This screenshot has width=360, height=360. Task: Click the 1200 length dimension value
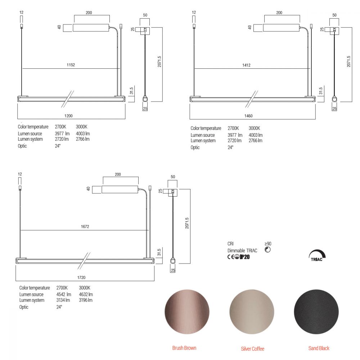68,116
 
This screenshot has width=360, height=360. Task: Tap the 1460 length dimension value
248,116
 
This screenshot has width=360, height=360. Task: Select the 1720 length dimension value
81,278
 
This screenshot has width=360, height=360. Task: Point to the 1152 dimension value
71,65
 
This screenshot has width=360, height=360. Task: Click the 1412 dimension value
246,65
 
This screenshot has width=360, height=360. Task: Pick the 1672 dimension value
85,226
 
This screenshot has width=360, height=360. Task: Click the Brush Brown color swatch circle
187,312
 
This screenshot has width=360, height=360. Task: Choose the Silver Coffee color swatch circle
252,312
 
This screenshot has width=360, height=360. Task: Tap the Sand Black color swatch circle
316,312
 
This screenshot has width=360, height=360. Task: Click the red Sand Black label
319,348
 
